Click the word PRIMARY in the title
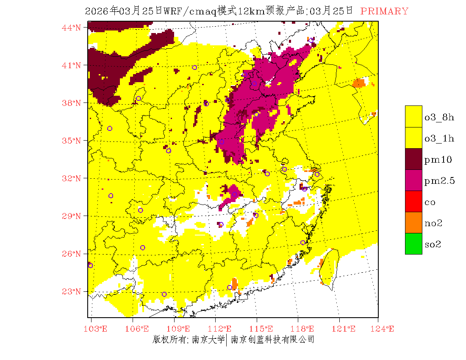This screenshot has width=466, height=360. pyautogui.click(x=384, y=11)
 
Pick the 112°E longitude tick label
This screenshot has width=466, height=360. pyautogui.click(x=222, y=329)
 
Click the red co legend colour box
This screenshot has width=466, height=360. pyautogui.click(x=413, y=201)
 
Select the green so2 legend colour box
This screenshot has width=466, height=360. pyautogui.click(x=413, y=244)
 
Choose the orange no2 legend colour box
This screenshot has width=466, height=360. pyautogui.click(x=413, y=222)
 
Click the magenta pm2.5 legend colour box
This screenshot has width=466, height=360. pyautogui.click(x=413, y=180)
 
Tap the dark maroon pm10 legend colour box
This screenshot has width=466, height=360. pyautogui.click(x=413, y=159)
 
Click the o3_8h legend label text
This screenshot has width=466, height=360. pyautogui.click(x=439, y=118)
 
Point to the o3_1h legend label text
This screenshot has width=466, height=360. pyautogui.click(x=439, y=138)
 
